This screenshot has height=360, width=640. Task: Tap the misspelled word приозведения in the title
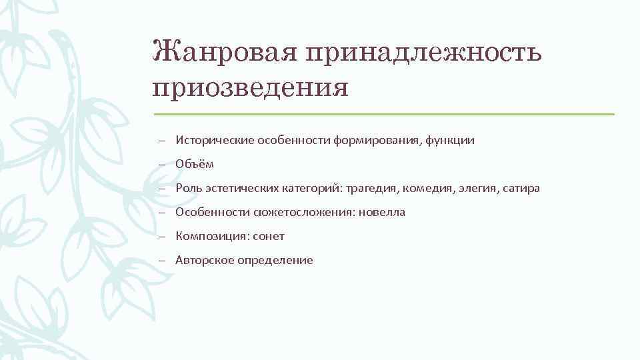250,87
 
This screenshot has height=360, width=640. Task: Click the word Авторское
203,261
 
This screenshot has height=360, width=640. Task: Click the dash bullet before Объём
162,165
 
